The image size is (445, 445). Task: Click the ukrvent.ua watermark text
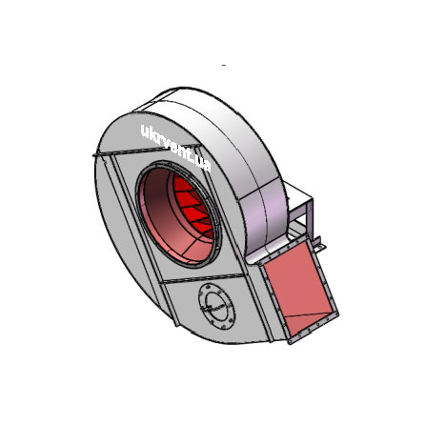(x=175, y=148)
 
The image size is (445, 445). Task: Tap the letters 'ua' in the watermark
(x=204, y=165)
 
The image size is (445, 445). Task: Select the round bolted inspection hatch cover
(x=217, y=306)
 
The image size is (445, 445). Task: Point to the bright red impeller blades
(x=193, y=207)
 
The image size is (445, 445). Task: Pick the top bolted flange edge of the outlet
(x=283, y=251)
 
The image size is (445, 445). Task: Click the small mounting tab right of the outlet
(x=319, y=244)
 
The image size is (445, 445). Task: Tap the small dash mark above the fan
(x=224, y=65)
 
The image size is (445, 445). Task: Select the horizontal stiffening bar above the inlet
(x=147, y=151)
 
